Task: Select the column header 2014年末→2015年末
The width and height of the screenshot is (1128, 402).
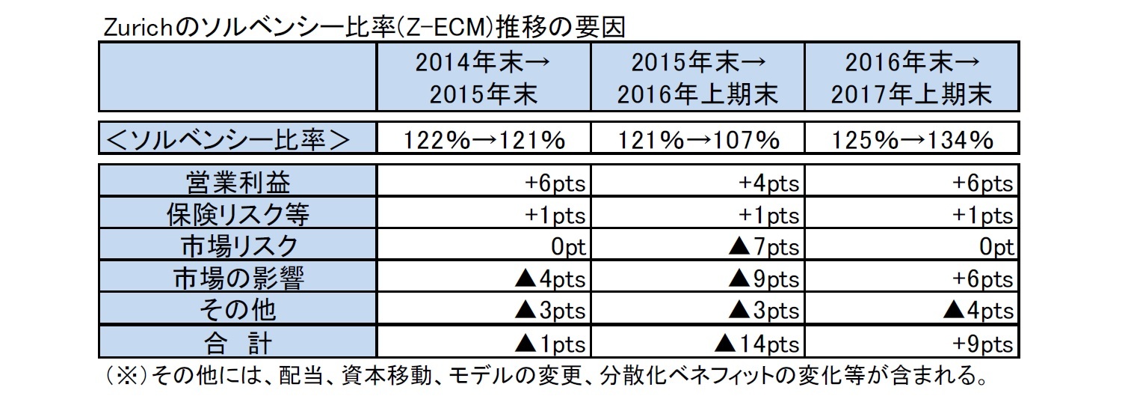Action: (x=484, y=78)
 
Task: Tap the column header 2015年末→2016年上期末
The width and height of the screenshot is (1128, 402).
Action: (x=697, y=78)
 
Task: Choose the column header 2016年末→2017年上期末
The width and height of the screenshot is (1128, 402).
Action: (x=911, y=78)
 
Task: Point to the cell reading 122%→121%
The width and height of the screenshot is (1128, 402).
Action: (x=484, y=140)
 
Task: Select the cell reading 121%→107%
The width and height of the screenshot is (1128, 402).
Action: (x=697, y=140)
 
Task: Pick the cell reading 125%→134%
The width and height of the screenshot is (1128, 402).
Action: (x=911, y=140)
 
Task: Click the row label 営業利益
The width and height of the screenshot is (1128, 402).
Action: (x=237, y=183)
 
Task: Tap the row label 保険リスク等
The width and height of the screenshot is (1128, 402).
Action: (x=237, y=215)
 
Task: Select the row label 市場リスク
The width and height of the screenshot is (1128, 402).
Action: (x=237, y=246)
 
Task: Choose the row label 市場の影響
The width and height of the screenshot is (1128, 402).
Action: (x=237, y=278)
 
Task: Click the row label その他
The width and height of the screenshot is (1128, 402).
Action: (x=237, y=311)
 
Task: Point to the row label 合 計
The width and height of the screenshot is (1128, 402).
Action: (x=237, y=343)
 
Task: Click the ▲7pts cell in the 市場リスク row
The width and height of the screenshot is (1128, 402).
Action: (x=762, y=247)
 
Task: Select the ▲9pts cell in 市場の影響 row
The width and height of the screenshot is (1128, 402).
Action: (x=762, y=279)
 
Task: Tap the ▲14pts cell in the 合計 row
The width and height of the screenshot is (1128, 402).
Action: (x=756, y=344)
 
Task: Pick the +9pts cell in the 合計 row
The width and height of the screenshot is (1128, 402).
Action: (x=984, y=344)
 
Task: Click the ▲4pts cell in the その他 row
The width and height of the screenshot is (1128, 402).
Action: (x=978, y=311)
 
